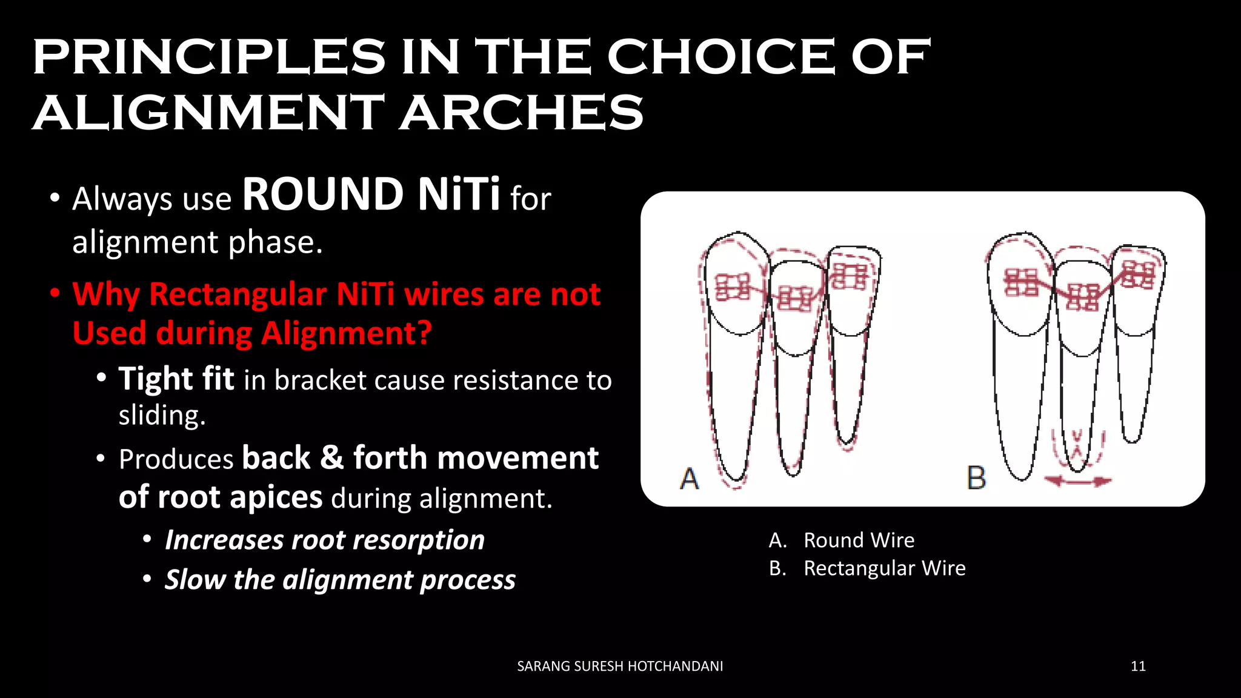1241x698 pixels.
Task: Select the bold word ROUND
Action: (x=323, y=194)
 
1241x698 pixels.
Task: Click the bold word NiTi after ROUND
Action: (x=459, y=194)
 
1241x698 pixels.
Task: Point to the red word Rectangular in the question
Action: (x=238, y=295)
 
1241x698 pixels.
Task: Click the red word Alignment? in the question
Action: (x=347, y=334)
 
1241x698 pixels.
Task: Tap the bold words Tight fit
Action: (x=176, y=379)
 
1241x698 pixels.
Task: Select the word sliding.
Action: (x=162, y=416)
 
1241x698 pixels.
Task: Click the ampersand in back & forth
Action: (x=332, y=458)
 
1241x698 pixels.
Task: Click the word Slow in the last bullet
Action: (x=195, y=580)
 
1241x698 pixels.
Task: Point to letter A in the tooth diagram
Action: (x=690, y=479)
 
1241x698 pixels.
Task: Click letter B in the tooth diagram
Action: (x=976, y=478)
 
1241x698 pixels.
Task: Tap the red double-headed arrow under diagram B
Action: (x=1078, y=482)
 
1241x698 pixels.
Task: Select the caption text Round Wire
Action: (x=859, y=540)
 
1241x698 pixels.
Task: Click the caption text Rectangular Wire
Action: (x=884, y=568)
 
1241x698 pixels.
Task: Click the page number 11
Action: (x=1138, y=666)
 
